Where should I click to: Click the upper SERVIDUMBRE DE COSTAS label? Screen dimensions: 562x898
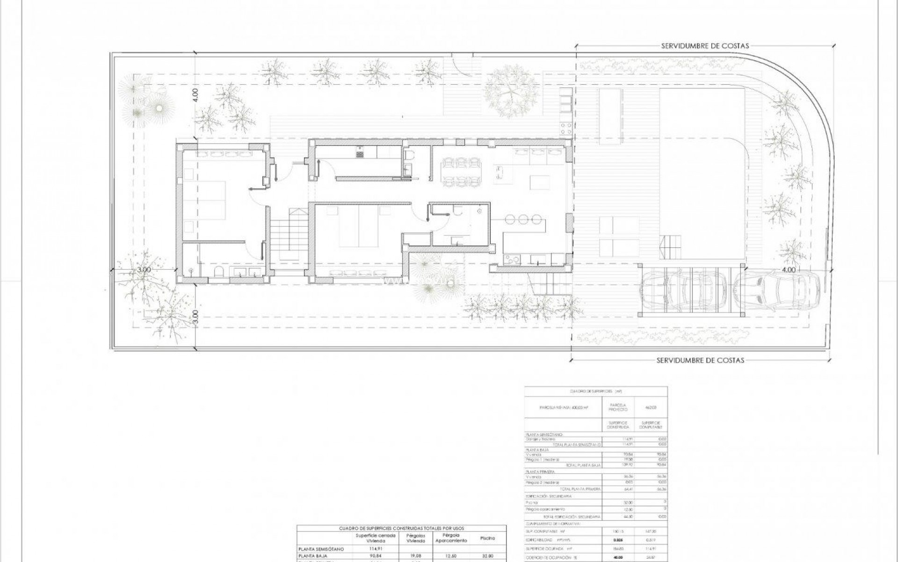(705, 46)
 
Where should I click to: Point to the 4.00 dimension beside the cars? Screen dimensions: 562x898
(788, 270)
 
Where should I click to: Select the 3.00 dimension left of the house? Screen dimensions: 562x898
(144, 270)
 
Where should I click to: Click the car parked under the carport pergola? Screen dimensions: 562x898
(683, 292)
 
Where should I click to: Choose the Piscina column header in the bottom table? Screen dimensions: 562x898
(487, 539)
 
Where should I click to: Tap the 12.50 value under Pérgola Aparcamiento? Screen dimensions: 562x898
(451, 556)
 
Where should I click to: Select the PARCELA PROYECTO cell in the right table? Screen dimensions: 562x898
(618, 407)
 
